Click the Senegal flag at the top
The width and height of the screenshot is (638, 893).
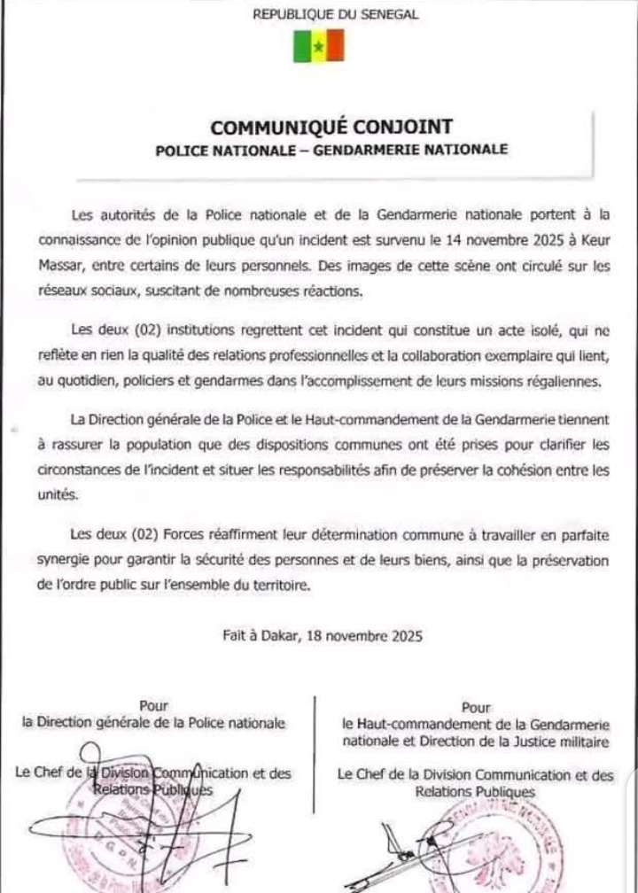click(x=318, y=44)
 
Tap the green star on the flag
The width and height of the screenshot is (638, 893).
click(x=318, y=46)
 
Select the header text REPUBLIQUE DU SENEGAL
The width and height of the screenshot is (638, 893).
click(x=336, y=14)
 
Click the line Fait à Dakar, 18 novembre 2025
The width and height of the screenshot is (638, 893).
click(x=323, y=635)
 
